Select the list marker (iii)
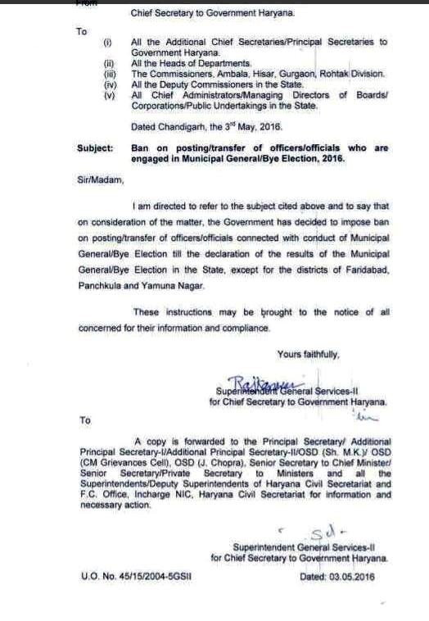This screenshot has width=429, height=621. click(107, 74)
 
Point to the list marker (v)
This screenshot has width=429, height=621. click(107, 94)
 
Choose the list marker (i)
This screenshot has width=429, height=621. click(106, 41)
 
